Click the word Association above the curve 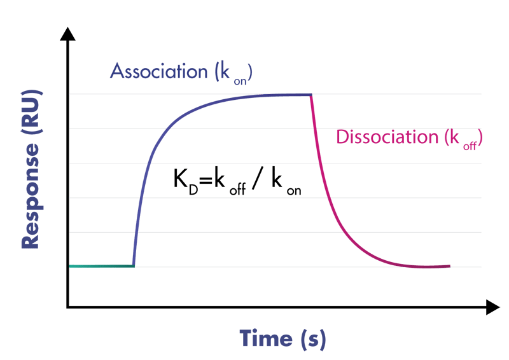(x=158, y=71)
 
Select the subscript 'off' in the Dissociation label (x=470, y=143)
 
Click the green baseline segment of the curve (x=102, y=266)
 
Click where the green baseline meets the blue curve (x=134, y=266)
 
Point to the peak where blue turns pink (x=311, y=95)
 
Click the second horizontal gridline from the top (x=407, y=129)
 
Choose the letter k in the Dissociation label (x=454, y=137)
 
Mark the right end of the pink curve (x=449, y=266)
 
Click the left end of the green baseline (x=70, y=266)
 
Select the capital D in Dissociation (x=341, y=137)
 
